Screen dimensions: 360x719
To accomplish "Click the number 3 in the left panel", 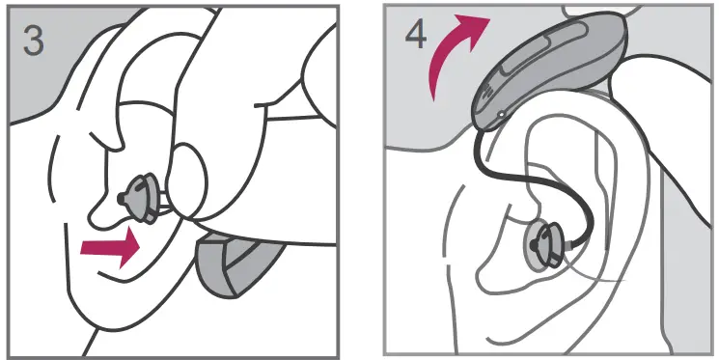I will (33, 42).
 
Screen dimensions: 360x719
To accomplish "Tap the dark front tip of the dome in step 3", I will (122, 195).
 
